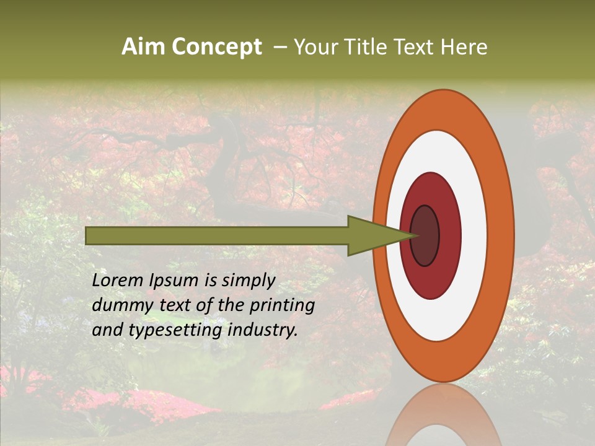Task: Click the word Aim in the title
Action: [143, 47]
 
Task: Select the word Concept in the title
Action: [216, 47]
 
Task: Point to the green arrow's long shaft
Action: [217, 235]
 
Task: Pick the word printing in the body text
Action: [282, 306]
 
